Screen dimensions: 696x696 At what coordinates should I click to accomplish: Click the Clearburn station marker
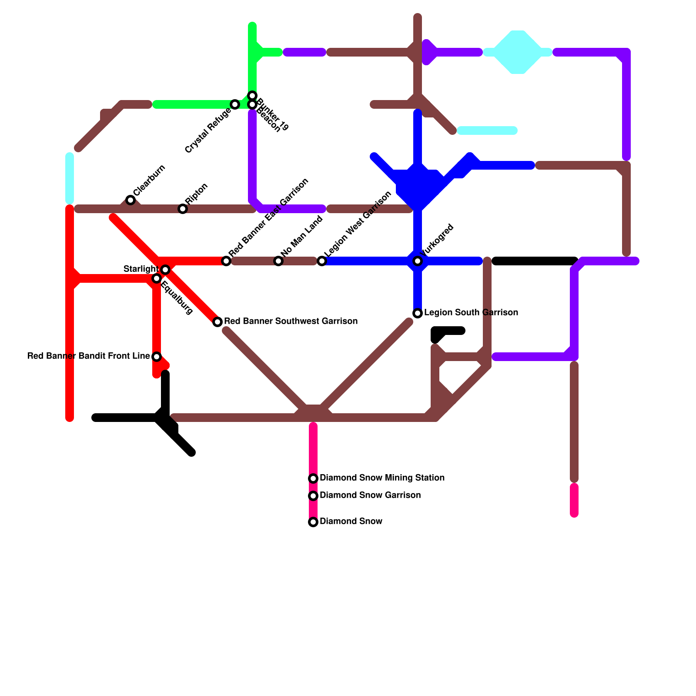point(130,200)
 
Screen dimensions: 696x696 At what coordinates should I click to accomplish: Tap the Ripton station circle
point(183,209)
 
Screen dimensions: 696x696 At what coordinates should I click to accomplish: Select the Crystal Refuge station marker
point(235,104)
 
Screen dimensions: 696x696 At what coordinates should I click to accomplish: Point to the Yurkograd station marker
point(418,261)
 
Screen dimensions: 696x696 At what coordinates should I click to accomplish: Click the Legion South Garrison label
point(471,313)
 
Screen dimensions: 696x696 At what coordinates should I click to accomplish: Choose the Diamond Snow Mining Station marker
point(313,478)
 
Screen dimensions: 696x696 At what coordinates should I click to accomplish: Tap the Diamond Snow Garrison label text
point(370,495)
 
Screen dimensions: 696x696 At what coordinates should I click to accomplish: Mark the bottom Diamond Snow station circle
point(313,522)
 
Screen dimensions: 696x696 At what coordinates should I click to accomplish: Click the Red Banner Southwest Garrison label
point(291,321)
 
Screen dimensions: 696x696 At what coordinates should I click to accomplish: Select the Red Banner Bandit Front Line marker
point(157,357)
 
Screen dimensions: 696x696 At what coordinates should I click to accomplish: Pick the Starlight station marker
point(165,270)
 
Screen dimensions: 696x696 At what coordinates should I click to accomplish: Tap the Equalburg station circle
point(157,278)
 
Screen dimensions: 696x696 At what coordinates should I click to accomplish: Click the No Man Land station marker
point(278,261)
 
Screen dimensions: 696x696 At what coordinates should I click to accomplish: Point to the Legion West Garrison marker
point(322,261)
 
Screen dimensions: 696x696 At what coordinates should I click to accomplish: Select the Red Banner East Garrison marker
point(226,261)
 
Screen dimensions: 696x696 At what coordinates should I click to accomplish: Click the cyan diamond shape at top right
point(518,52)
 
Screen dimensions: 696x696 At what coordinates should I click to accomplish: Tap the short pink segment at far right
point(574,500)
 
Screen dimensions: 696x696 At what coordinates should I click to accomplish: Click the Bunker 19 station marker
point(252,95)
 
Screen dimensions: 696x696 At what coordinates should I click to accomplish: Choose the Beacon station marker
point(252,105)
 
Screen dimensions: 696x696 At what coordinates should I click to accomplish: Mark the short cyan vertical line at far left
point(70,178)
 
